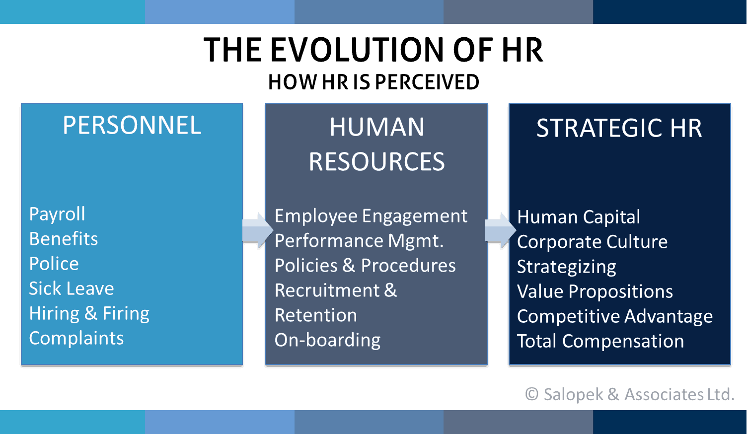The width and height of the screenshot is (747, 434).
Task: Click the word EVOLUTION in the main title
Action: tap(357, 50)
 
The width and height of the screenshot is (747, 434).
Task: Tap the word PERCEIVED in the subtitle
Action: tap(427, 82)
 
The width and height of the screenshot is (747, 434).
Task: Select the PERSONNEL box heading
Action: tap(132, 125)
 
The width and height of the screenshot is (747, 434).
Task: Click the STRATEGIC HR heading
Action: tap(619, 128)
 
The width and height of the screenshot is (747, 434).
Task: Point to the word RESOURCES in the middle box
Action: tap(376, 162)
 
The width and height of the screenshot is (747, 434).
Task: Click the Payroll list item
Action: tap(57, 214)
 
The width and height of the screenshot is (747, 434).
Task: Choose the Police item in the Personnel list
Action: tap(54, 263)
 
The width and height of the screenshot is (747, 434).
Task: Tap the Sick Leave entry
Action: tap(72, 289)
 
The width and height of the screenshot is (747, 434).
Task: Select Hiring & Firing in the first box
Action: tap(89, 314)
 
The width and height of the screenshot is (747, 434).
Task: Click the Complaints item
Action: tap(76, 339)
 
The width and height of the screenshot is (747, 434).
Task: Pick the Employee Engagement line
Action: tap(371, 217)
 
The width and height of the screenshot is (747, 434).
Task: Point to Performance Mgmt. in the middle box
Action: tap(359, 241)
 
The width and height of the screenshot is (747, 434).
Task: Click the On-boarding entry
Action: tap(327, 340)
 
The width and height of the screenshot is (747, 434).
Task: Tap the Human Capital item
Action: tap(579, 217)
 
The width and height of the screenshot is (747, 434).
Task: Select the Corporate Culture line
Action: tap(592, 242)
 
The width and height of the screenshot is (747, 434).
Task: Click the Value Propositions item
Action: tap(595, 291)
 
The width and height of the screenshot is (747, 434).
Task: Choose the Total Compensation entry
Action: tap(600, 341)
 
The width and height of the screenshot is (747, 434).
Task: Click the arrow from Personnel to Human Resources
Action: tap(258, 230)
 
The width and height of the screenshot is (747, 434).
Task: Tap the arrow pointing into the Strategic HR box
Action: tap(501, 230)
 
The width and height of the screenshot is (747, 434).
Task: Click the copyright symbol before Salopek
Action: tap(532, 394)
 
